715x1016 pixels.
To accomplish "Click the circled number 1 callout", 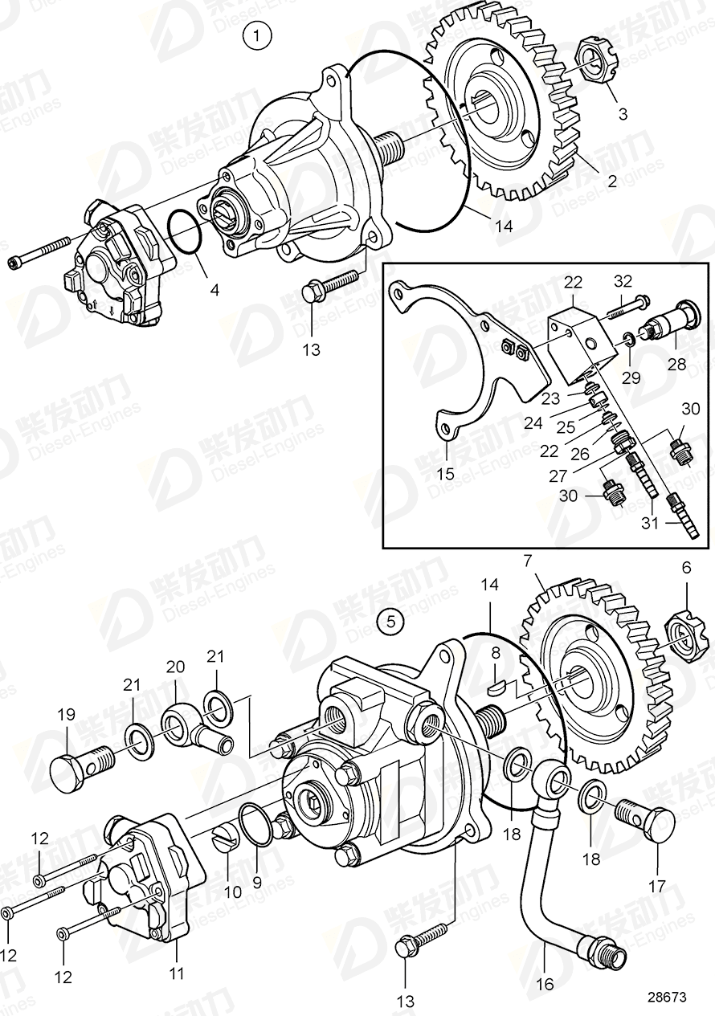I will click(257, 35).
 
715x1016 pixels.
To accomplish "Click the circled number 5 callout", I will click(390, 621).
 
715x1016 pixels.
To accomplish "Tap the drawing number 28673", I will click(667, 997).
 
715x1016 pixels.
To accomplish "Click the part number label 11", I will click(176, 973).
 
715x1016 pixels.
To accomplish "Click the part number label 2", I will click(611, 182).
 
